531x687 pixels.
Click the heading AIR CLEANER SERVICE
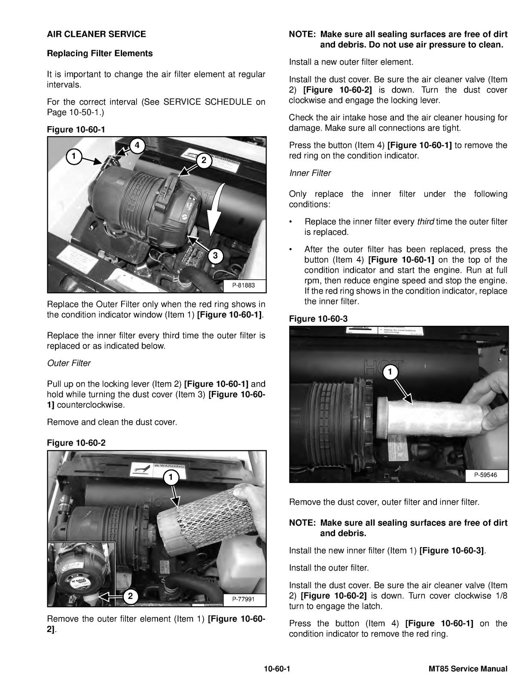[97, 34]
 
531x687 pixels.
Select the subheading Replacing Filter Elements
[100, 53]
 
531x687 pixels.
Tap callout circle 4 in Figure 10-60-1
[137, 146]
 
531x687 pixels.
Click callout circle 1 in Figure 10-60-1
[74, 156]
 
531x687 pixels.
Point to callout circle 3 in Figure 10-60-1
[215, 255]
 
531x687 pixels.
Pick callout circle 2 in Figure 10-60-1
[204, 160]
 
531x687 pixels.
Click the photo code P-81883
[243, 285]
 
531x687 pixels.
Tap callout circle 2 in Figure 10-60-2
[130, 596]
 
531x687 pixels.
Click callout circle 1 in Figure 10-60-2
[171, 477]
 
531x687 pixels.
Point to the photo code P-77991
[243, 599]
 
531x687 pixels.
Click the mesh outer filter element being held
[212, 519]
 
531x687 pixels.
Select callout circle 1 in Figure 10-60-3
[390, 372]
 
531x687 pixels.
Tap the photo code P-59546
[485, 475]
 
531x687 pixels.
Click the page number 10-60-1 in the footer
[277, 669]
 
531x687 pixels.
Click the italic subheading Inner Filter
[310, 173]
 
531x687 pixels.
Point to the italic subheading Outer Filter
[69, 363]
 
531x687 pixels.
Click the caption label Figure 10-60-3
[318, 319]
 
